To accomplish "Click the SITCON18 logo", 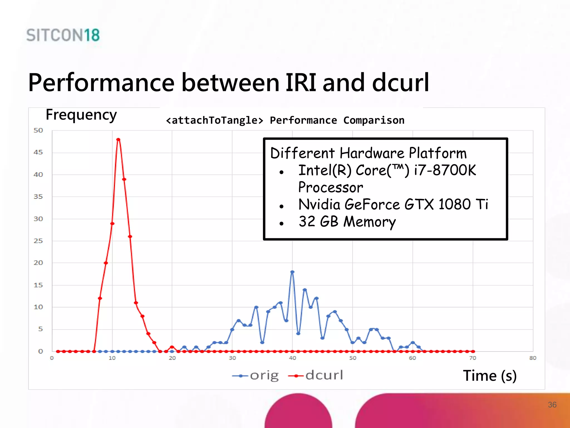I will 63,35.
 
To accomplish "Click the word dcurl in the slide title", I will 401,83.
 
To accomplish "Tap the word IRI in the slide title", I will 301,83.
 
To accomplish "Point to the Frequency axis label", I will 81,115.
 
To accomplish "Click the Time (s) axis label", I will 490,376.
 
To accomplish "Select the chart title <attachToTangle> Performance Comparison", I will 285,120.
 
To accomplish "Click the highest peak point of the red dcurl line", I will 118,140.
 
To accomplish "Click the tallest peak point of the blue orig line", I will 292,272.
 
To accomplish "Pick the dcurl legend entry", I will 316,376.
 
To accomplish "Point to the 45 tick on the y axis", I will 38,152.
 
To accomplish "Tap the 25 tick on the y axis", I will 38,241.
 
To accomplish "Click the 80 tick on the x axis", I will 533,358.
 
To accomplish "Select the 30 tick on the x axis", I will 232,358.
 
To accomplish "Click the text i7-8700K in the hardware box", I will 445,170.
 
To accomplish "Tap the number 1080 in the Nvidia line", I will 454,205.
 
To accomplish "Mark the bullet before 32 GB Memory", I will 282,223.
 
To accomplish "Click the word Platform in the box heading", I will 438,153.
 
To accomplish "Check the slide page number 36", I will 552,405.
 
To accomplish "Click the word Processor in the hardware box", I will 331,188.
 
